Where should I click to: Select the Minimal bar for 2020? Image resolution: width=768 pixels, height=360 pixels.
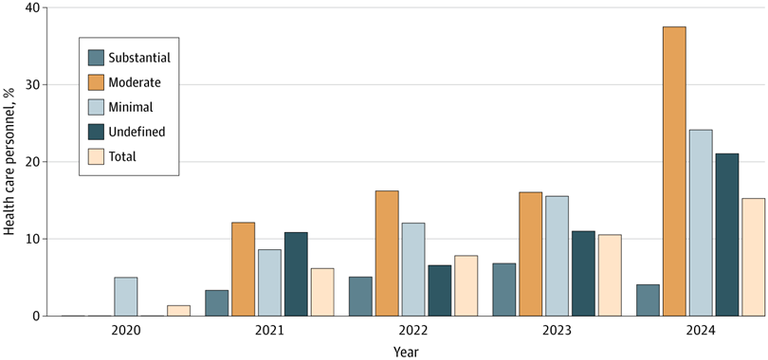pos(126,296)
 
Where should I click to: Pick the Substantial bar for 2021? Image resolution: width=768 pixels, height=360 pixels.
pos(217,303)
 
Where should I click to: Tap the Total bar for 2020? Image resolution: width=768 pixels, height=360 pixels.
pos(178,310)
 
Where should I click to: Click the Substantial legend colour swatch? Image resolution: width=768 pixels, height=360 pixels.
pos(96,56)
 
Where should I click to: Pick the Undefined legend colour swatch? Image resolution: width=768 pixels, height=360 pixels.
pos(96,131)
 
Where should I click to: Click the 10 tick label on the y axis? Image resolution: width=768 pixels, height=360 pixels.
pos(34,239)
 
